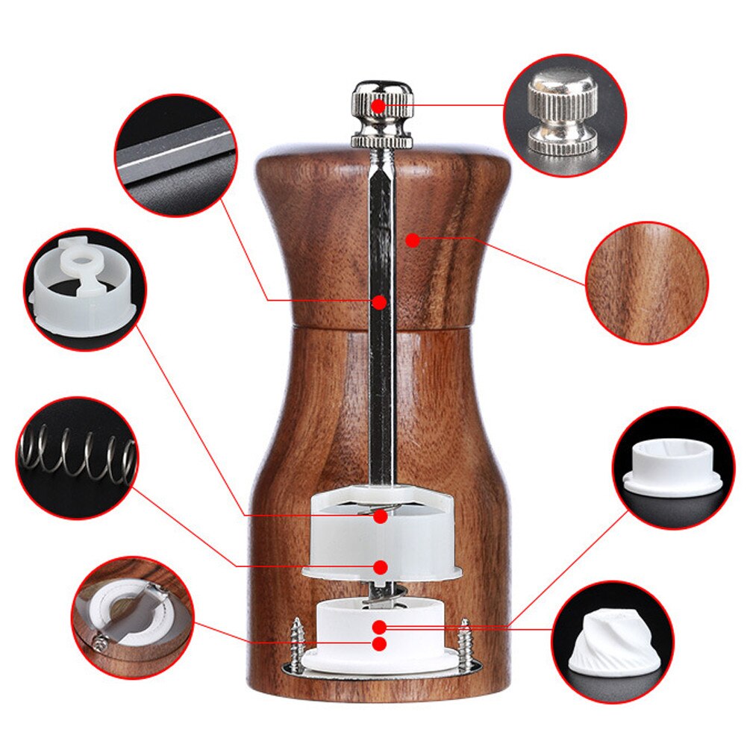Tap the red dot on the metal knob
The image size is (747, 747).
coord(379,106)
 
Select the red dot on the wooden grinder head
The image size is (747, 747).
coord(411,240)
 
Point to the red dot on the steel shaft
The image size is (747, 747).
coord(380,302)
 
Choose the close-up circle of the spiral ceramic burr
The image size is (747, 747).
coord(613,643)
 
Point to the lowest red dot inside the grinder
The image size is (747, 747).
coord(380,643)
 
